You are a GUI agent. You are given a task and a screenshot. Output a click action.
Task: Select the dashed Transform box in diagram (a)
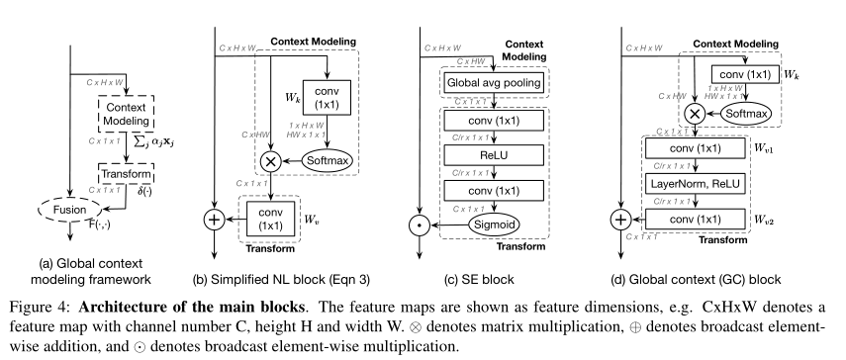tap(126, 174)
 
